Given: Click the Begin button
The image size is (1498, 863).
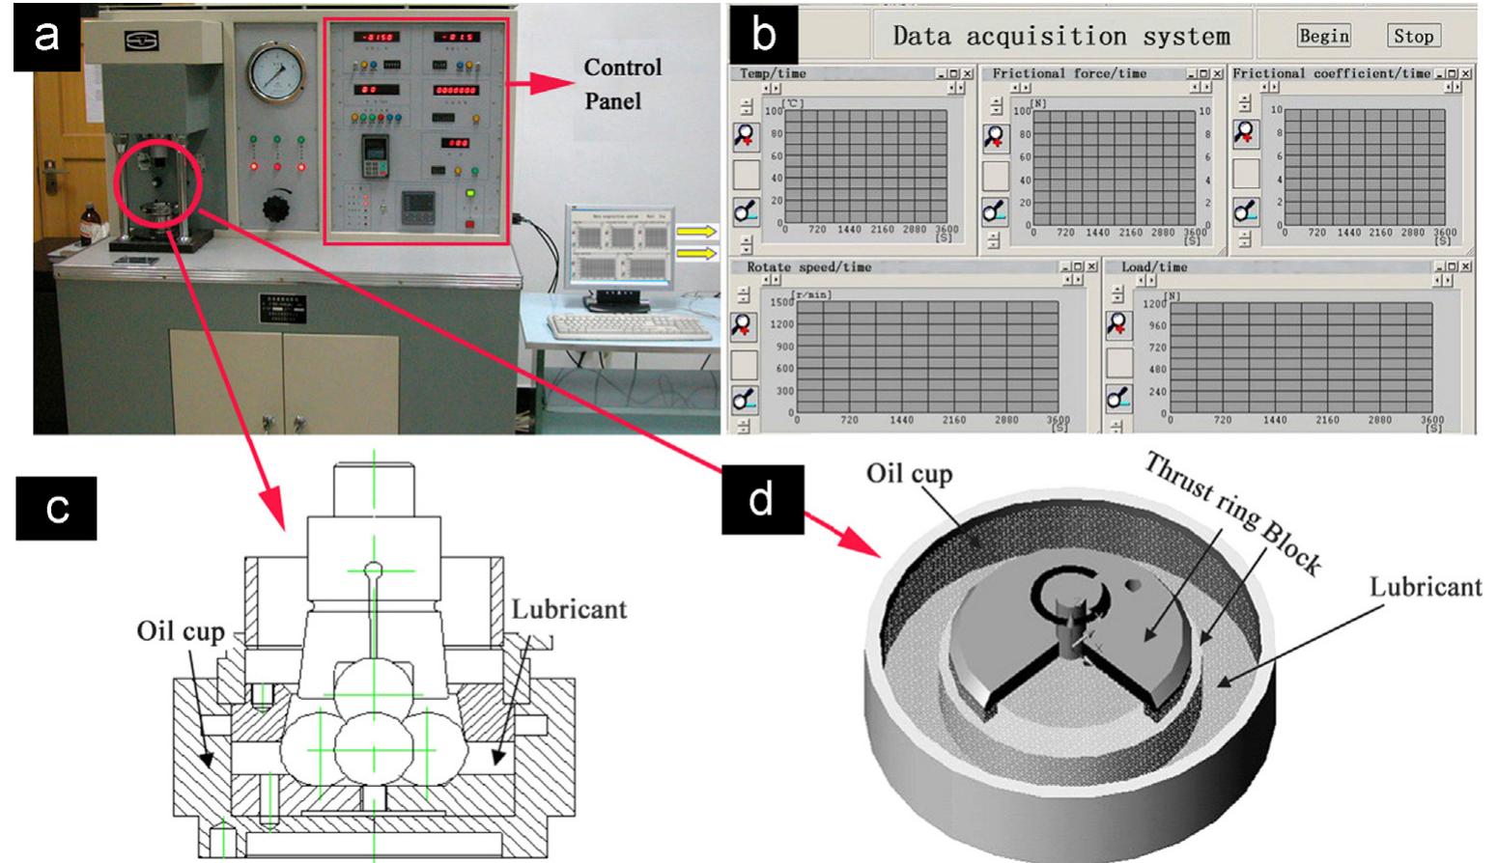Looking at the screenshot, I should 1323,37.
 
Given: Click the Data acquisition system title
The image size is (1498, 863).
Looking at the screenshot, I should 1060,37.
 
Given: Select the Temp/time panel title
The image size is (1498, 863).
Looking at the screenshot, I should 773,73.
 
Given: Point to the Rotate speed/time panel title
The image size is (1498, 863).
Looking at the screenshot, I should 808,267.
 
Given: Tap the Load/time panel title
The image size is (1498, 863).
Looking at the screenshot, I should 1154,267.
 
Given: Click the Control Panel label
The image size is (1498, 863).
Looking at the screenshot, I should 623,83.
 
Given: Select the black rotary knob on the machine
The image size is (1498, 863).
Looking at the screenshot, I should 278,209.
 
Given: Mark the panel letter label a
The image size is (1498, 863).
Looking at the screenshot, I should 46,37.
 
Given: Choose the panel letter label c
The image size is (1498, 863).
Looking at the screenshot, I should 56,507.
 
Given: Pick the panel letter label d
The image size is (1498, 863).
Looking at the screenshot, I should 761,500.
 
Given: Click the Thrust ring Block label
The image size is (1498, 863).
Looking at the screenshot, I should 1231,515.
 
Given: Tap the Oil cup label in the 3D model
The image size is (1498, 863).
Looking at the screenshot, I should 908,475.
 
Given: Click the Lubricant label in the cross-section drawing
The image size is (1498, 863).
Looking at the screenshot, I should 569,609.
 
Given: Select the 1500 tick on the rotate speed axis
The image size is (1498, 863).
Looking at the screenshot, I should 780,302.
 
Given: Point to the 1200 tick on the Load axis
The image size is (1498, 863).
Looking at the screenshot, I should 1154,303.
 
